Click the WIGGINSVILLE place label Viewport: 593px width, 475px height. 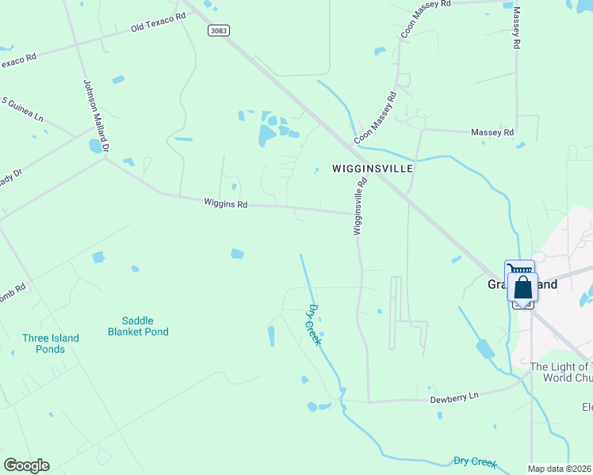coord(362,169)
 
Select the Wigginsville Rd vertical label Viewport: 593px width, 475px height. coord(361,205)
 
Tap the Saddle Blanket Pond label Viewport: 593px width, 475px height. coord(139,326)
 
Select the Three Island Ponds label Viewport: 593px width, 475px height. coord(51,344)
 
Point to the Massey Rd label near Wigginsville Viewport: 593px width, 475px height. coord(492,132)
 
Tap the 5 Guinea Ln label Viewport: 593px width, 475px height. coord(22,108)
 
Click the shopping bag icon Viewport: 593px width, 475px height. coord(523,287)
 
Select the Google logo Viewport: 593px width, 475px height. coord(26,465)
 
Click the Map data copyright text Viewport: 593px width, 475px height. coord(560,469)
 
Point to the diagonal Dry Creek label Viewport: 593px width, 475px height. coord(313,324)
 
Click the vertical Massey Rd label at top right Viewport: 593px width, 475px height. coord(518,28)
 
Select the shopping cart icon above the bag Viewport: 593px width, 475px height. coord(520,268)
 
